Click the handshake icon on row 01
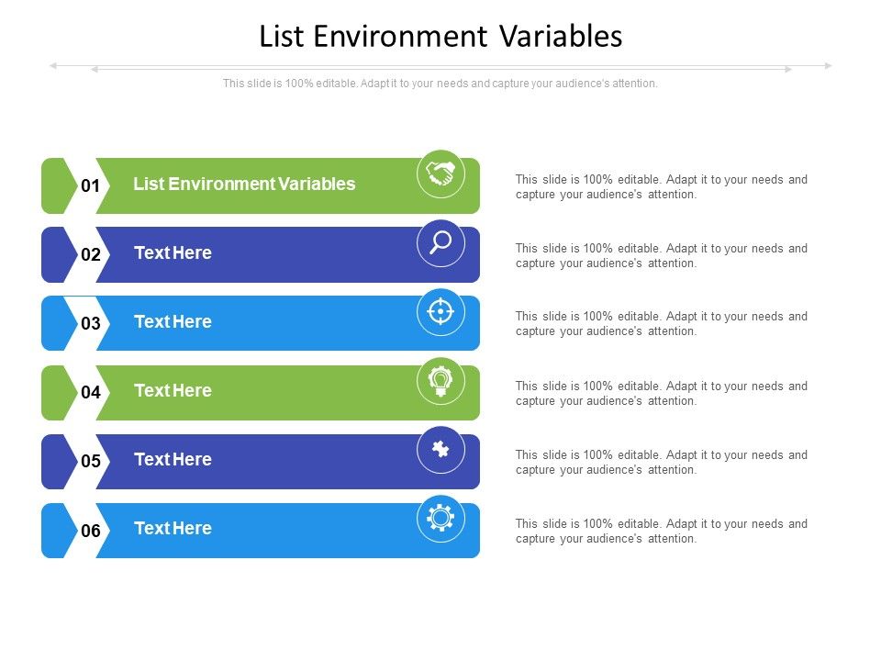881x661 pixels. point(440,174)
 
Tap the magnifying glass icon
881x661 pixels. point(440,242)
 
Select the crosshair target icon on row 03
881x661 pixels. point(440,312)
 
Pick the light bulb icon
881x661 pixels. point(440,381)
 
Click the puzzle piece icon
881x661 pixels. point(440,450)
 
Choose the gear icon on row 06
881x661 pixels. point(440,519)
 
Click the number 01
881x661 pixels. point(90,186)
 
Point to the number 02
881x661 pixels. point(90,255)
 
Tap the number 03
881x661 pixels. point(90,324)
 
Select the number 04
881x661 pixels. point(90,393)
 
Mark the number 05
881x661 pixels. point(90,462)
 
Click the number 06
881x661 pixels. point(90,531)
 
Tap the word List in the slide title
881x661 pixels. point(283,37)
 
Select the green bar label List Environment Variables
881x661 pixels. point(244,184)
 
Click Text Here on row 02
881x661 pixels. point(173,252)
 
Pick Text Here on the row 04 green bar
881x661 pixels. point(173,390)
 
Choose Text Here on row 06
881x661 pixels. point(173,528)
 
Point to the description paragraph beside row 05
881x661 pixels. point(661,462)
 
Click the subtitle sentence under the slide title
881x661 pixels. point(440,84)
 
